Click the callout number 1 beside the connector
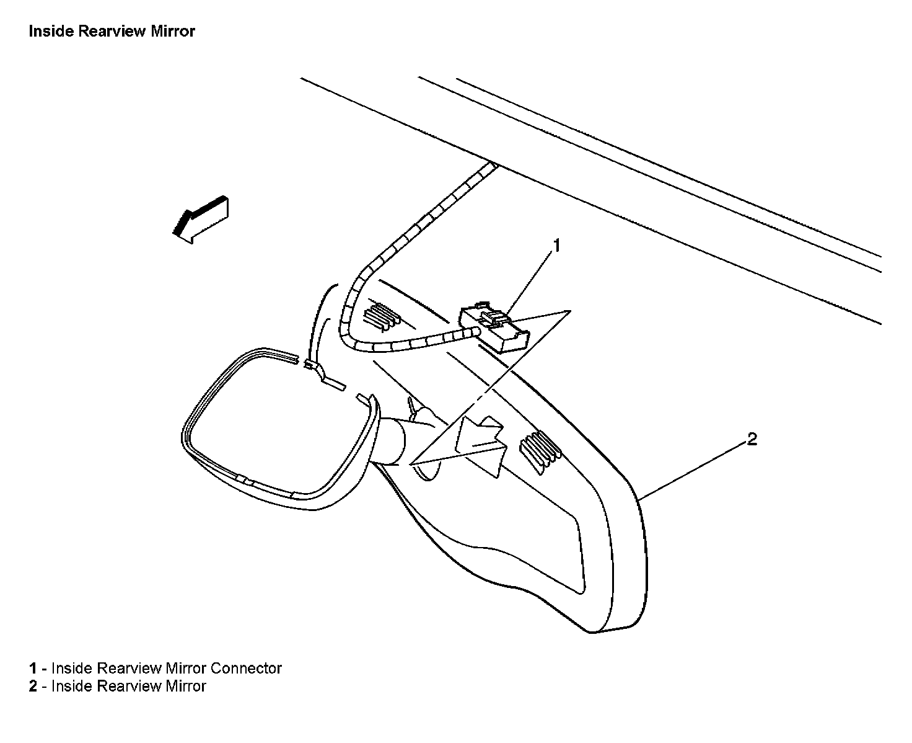(556, 246)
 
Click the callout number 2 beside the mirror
(752, 439)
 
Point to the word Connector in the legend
(246, 668)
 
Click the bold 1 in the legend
(32, 669)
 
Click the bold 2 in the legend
(32, 686)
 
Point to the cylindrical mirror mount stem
(392, 440)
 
